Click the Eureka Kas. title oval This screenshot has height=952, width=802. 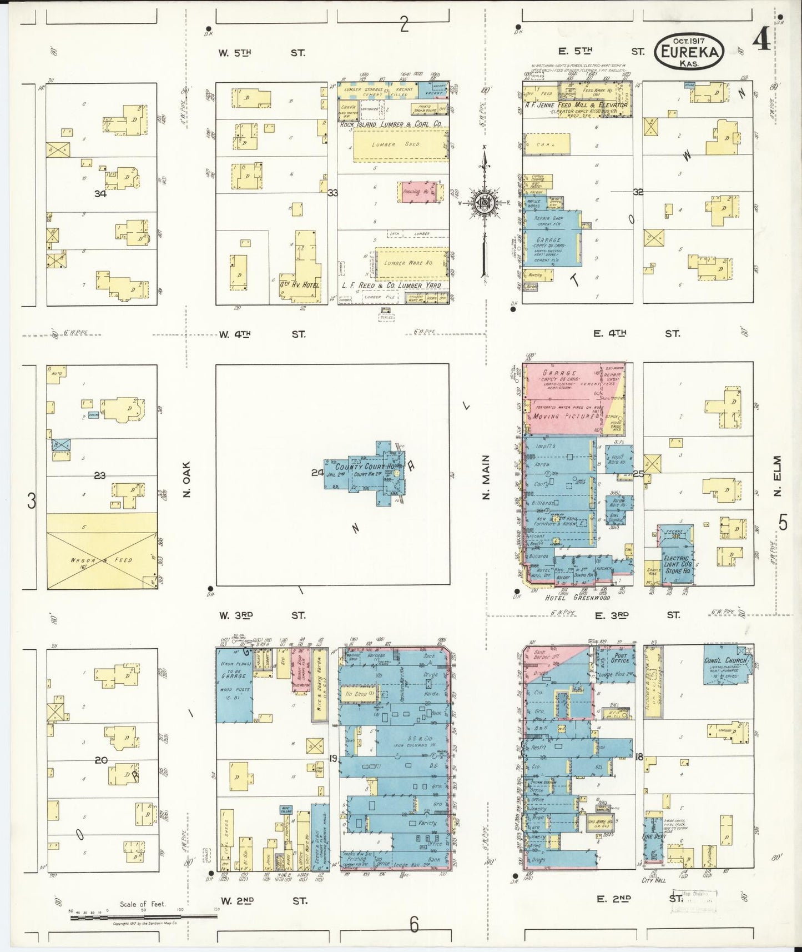690,52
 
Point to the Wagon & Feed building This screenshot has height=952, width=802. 102,559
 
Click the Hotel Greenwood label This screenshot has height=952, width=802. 577,598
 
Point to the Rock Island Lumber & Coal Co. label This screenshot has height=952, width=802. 391,125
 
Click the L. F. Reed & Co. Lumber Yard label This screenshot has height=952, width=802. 391,285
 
